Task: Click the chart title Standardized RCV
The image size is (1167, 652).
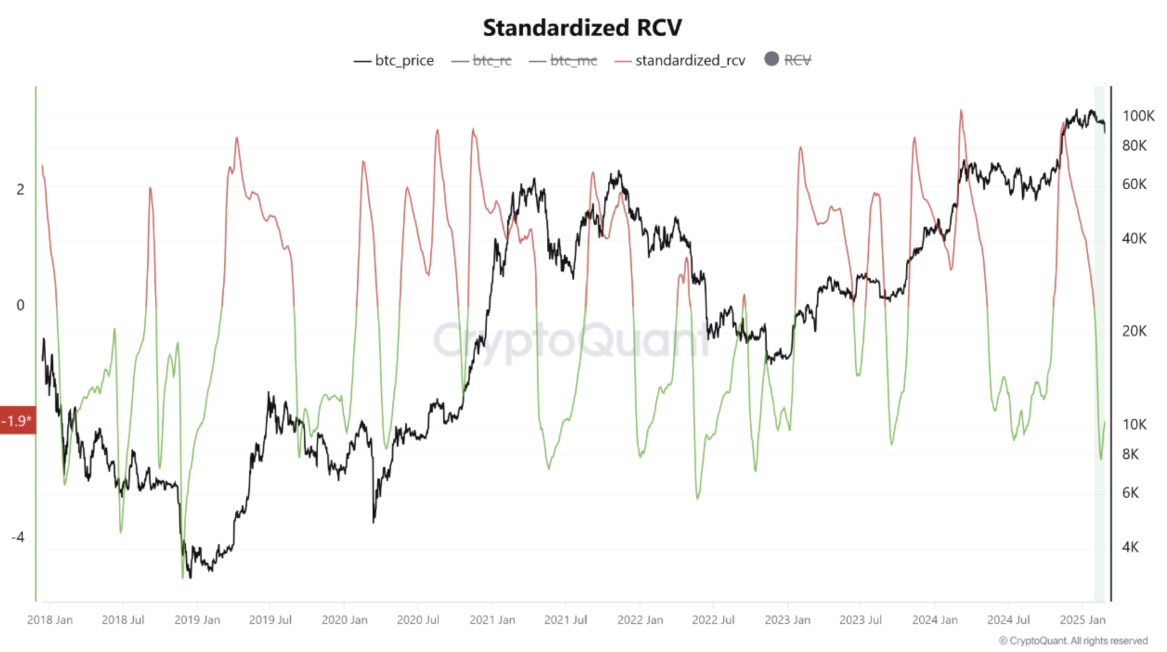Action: click(x=582, y=28)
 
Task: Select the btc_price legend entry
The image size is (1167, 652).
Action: click(x=394, y=61)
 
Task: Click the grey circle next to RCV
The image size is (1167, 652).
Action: click(x=771, y=59)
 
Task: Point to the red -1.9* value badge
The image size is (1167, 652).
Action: click(x=18, y=420)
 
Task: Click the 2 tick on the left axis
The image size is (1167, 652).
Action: click(x=20, y=189)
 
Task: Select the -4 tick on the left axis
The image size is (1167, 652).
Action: click(x=18, y=537)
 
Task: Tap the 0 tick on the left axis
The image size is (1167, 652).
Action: click(x=20, y=305)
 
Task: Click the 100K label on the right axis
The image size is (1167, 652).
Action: click(x=1138, y=116)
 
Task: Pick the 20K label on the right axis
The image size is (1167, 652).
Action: click(x=1134, y=331)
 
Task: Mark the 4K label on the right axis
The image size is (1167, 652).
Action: click(x=1130, y=547)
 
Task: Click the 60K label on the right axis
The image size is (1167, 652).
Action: click(x=1134, y=184)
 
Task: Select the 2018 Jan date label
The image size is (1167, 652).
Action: click(x=50, y=620)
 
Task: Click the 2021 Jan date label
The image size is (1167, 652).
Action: click(x=492, y=620)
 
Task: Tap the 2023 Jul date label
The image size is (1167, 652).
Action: click(x=860, y=620)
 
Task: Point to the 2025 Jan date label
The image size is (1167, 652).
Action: click(x=1082, y=620)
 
